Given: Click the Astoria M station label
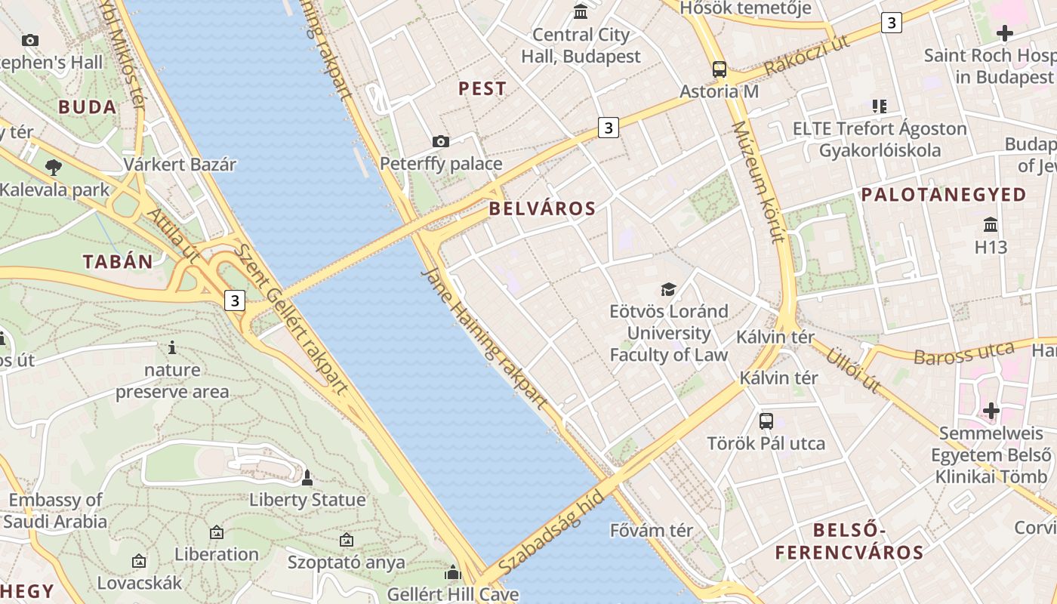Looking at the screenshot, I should coord(719,91).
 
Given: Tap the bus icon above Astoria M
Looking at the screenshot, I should coord(720,69).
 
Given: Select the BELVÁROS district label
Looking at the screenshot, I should coord(542,209).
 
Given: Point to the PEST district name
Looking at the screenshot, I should coord(482,88).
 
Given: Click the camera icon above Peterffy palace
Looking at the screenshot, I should coord(441,141).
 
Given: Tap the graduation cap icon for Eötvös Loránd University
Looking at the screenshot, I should coord(668,289).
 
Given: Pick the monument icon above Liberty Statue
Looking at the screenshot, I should coord(307,477).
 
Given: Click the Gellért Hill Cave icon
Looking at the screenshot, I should coord(453,573).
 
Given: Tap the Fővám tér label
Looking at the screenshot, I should coord(651,531).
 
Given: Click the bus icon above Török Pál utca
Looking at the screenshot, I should coord(766,421).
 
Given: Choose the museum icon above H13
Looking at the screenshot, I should coord(991,225).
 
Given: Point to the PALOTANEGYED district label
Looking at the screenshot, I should coord(944,195).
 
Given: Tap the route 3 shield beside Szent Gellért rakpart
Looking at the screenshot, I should coord(235,300).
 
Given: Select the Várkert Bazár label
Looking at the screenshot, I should coord(180,164).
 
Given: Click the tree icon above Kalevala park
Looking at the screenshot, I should coord(54,167).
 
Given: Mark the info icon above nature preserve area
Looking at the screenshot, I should coord(172,347).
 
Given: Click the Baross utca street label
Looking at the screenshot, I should coord(963,353).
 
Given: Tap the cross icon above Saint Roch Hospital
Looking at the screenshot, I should coord(1004,33).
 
